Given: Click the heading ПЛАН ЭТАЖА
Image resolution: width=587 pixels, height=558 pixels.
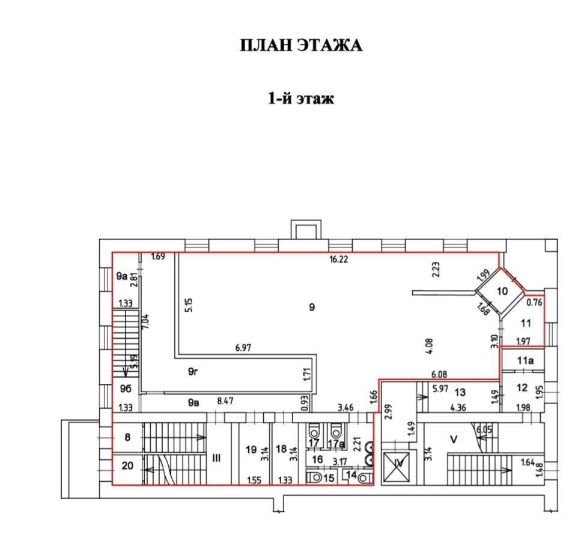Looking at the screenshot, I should pyautogui.click(x=301, y=46).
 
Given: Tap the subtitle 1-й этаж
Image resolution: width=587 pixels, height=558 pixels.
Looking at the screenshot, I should pyautogui.click(x=300, y=98).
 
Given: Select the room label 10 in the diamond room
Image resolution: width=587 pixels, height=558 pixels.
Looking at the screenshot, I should pyautogui.click(x=502, y=291).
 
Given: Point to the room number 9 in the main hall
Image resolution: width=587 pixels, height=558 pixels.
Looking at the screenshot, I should pyautogui.click(x=312, y=308).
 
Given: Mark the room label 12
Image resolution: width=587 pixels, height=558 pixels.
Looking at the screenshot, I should pyautogui.click(x=522, y=387).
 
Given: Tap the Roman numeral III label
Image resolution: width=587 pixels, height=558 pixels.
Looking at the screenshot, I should pyautogui.click(x=216, y=458).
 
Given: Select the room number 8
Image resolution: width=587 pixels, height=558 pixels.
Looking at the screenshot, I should pyautogui.click(x=127, y=437).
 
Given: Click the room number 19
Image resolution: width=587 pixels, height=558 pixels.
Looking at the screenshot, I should pyautogui.click(x=251, y=449).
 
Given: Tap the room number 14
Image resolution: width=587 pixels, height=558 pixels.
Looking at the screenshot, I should pyautogui.click(x=351, y=475).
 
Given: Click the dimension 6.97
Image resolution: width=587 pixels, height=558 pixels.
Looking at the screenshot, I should pyautogui.click(x=243, y=348).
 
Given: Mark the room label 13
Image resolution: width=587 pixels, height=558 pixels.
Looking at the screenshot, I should pyautogui.click(x=460, y=392).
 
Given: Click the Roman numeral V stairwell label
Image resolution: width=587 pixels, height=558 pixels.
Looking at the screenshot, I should pyautogui.click(x=454, y=439).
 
